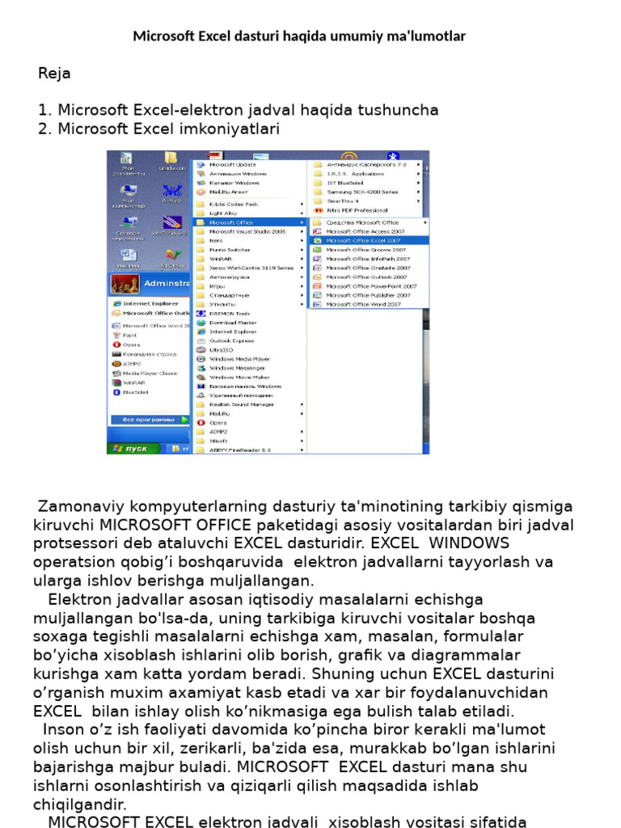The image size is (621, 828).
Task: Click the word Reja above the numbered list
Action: [54, 74]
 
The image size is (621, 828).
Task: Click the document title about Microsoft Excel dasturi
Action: [299, 36]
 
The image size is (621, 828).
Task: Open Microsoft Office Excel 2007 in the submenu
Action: [363, 240]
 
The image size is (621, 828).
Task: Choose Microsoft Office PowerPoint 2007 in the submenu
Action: [371, 286]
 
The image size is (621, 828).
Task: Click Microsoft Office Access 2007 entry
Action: [365, 231]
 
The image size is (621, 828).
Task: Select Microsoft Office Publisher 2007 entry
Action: [368, 295]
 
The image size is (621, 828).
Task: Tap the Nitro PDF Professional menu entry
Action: [357, 210]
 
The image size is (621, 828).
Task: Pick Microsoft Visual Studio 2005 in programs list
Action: [247, 231]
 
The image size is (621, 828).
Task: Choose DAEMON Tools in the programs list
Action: [230, 313]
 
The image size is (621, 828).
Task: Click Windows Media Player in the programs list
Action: [239, 359]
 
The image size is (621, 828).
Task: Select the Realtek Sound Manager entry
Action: [241, 404]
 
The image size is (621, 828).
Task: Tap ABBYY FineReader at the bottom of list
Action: [239, 450]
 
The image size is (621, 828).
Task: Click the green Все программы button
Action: [149, 420]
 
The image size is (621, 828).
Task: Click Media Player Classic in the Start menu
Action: [150, 374]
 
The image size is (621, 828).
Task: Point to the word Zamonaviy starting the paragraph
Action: [73, 507]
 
